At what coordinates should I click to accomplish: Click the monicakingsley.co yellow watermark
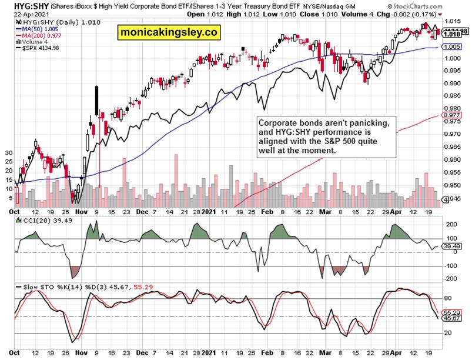[x=166, y=32]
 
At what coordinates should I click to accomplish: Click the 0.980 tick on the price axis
[x=451, y=108]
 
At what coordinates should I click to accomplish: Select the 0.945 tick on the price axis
[x=451, y=198]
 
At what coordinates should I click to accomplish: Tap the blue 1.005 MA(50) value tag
[x=450, y=47]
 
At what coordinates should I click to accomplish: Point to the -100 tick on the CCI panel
[x=450, y=266]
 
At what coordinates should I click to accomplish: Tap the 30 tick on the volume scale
[x=8, y=153]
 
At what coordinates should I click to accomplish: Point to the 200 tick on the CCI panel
[x=450, y=224]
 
